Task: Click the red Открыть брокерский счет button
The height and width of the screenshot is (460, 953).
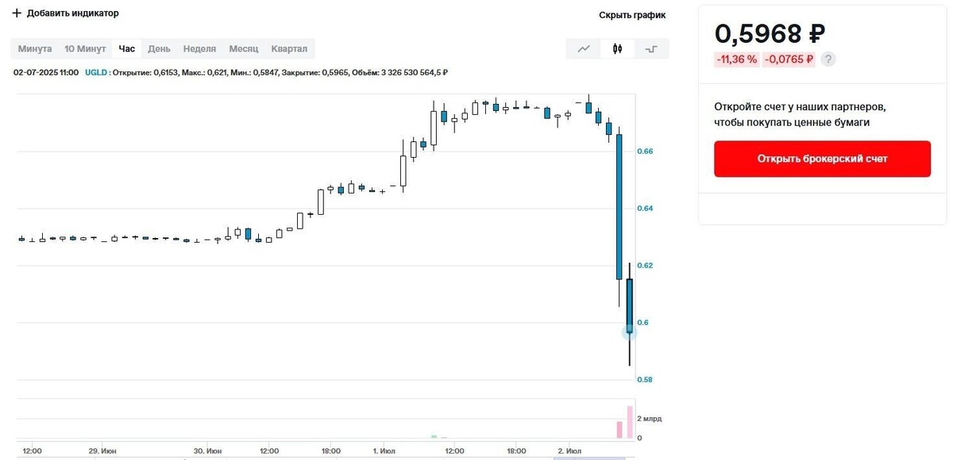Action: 822,159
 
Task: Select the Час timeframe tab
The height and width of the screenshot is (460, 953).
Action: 127,49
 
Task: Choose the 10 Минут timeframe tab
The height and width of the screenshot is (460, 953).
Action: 85,49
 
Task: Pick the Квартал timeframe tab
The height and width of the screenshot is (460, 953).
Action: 289,49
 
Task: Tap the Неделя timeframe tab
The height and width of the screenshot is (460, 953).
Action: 199,49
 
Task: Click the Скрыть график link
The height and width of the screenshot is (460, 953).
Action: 632,15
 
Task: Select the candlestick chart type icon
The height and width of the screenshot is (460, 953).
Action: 617,49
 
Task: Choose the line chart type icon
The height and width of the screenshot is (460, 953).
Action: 584,49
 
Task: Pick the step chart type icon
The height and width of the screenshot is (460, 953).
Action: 651,49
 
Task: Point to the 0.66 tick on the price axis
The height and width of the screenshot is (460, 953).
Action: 644,151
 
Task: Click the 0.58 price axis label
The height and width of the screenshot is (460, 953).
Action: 644,380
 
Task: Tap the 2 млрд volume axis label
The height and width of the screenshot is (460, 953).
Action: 649,419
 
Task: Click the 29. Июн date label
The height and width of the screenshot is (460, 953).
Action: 104,451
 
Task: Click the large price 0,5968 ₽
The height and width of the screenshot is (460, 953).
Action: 770,34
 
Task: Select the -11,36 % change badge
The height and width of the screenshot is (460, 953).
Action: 737,59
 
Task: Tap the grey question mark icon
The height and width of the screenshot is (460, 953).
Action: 828,59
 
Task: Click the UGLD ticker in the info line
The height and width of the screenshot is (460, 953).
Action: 97,73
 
